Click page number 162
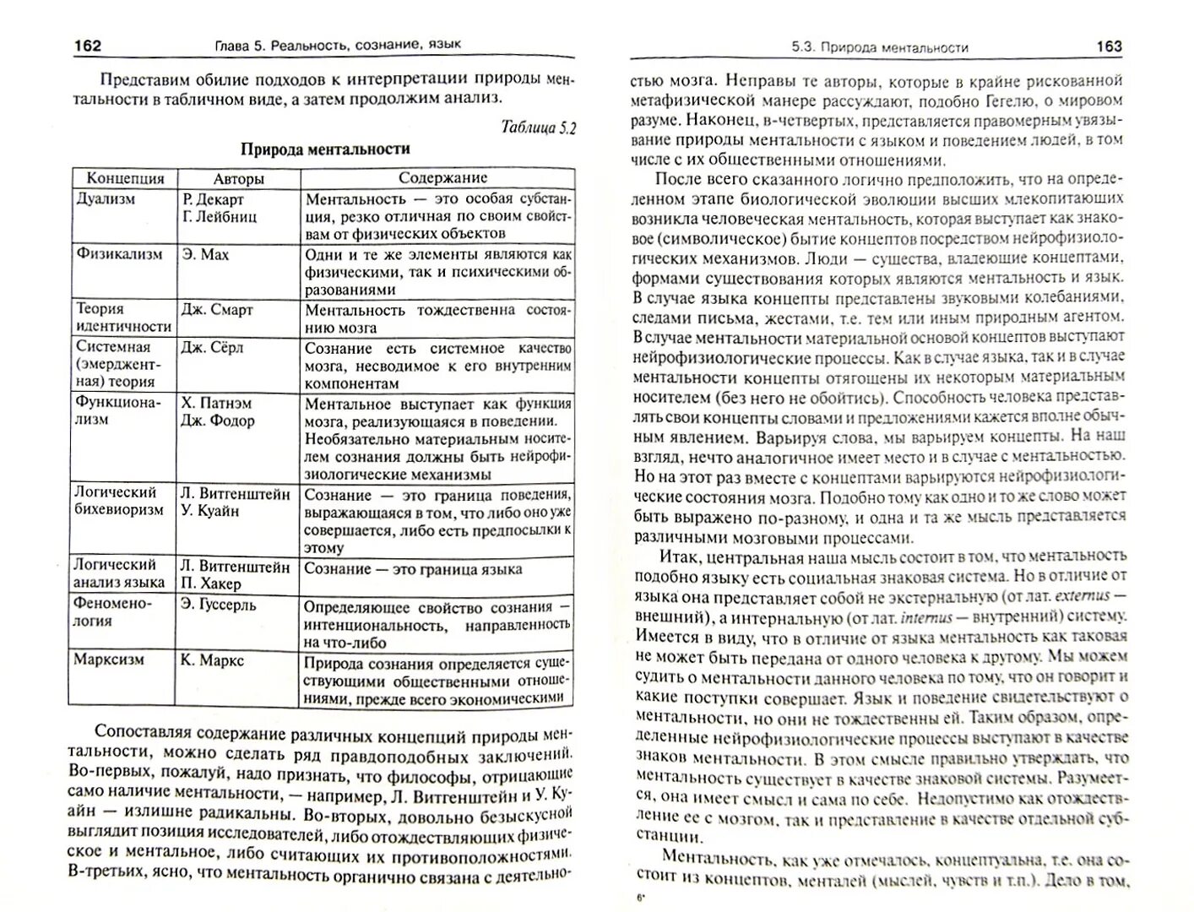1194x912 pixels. [88, 45]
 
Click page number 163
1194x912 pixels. [1109, 46]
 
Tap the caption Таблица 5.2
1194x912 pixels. [538, 128]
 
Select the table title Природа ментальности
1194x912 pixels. [325, 149]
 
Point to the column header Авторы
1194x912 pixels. [238, 178]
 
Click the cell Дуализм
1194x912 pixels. [106, 199]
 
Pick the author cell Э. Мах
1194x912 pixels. [205, 254]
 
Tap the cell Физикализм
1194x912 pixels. [119, 254]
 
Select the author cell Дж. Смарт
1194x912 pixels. [217, 310]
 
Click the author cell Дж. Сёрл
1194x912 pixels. [212, 347]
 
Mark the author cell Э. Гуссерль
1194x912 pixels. [218, 605]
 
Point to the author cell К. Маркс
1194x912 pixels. [212, 660]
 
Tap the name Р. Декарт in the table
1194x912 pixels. [213, 199]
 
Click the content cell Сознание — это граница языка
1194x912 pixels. [413, 569]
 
